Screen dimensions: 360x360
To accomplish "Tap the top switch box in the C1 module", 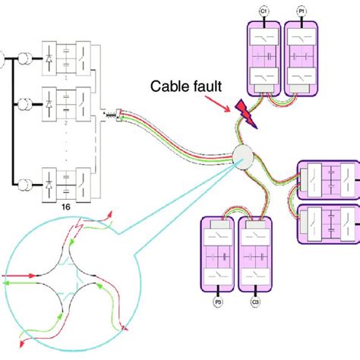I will point(264,38).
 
